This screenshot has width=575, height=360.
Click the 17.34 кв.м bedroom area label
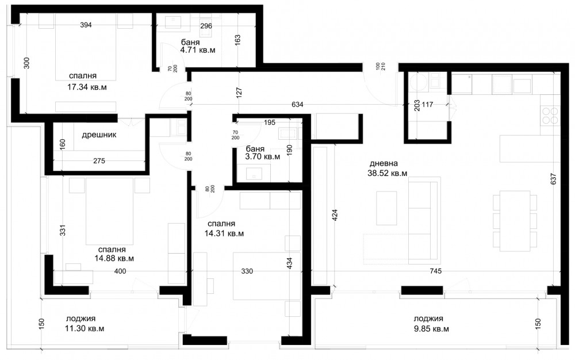87,87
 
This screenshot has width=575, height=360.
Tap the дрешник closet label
99,135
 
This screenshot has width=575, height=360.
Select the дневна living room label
384,163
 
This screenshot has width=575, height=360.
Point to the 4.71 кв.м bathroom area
198,50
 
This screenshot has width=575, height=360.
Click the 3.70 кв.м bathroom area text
263,157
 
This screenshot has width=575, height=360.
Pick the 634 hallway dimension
297,105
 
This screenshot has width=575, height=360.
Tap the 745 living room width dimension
436,271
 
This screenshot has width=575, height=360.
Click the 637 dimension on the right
554,179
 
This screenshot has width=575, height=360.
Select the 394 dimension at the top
86,25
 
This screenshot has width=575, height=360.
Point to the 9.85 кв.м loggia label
431,329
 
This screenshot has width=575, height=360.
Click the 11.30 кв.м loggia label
85,328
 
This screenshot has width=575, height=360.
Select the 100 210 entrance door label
381,66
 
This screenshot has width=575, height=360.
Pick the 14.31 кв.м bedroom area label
224,233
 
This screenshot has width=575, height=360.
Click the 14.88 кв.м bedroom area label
114,258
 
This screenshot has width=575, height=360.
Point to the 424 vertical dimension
335,215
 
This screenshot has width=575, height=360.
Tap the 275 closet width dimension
99,160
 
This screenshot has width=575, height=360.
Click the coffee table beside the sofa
386,208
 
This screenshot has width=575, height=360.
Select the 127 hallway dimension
239,92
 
